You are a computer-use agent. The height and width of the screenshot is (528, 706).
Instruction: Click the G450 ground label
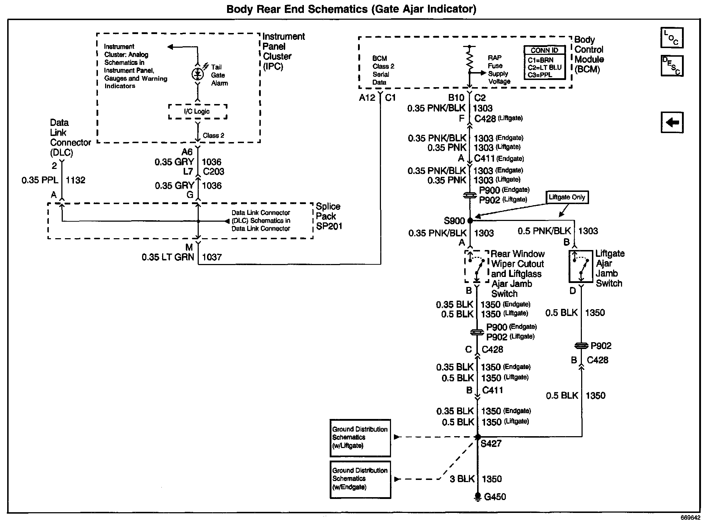coord(495,497)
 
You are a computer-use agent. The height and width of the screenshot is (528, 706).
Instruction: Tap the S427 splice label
coord(491,444)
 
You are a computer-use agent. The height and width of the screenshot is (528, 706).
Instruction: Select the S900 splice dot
coord(470,221)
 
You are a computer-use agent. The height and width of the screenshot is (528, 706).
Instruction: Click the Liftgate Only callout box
coord(567,197)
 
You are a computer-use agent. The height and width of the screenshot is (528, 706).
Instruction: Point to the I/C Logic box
coord(198,111)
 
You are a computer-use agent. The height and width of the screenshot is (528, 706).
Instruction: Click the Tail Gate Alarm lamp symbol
coord(197,74)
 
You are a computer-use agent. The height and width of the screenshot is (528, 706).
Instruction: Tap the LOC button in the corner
coord(672,38)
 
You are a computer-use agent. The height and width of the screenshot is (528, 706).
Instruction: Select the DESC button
coord(672,66)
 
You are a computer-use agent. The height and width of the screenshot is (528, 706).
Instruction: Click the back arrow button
coord(672,122)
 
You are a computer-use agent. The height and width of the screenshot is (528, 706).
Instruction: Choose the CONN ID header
coord(544,50)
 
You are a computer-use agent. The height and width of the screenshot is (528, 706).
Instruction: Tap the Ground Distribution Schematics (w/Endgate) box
coord(360,479)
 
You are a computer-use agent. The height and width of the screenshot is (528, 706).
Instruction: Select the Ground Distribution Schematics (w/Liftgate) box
coord(360,438)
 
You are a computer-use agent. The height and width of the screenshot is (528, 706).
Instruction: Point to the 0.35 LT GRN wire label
coord(168,257)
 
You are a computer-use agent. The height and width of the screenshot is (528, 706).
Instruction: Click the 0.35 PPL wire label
coord(40,180)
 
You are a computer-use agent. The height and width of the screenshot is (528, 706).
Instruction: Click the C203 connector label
coord(213,172)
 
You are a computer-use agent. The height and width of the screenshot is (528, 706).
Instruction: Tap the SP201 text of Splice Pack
coord(329,226)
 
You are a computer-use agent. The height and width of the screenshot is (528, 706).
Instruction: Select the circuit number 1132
coord(76,180)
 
